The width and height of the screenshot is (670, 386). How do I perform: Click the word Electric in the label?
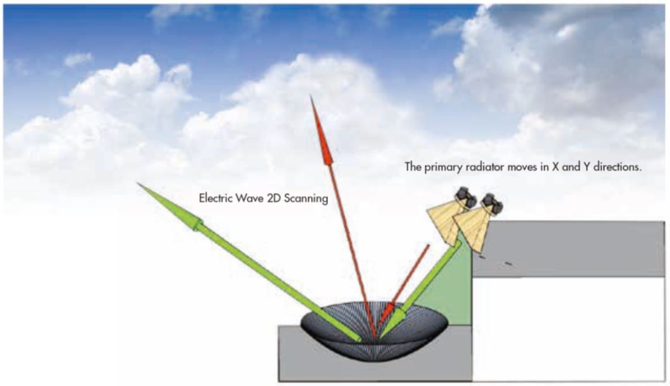pos(214,198)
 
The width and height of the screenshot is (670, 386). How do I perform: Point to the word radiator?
pos(486,167)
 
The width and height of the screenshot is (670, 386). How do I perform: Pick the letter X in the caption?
pos(556,167)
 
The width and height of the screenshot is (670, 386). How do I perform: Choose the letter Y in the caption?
pos(588,167)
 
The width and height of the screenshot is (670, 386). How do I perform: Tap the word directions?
pos(618,167)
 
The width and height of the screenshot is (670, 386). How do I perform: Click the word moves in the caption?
pos(521,167)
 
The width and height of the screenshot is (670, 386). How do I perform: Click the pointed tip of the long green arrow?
pos(138,183)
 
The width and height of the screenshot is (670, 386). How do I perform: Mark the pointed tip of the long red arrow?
pos(311,96)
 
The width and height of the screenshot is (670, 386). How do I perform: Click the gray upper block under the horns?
pos(568,249)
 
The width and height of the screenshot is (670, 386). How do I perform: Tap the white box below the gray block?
pos(568,328)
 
